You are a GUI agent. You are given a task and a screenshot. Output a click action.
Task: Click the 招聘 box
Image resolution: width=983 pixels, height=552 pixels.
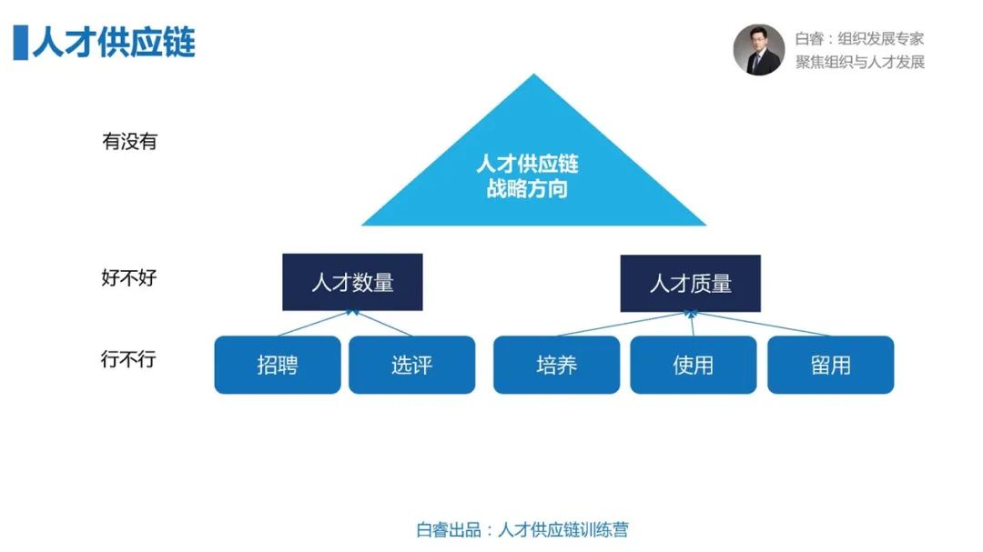(x=278, y=365)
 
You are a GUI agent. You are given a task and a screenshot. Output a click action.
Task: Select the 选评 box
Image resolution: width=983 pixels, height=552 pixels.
(x=412, y=365)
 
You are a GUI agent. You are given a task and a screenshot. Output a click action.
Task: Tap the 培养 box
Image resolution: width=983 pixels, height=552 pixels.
(x=557, y=365)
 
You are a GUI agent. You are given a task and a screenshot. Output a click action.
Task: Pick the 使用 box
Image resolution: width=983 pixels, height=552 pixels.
(x=694, y=365)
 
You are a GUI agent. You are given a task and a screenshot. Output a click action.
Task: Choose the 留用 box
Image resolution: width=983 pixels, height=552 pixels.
(x=831, y=365)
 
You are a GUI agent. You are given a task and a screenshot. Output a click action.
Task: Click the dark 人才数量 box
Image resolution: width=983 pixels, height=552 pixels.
(x=352, y=282)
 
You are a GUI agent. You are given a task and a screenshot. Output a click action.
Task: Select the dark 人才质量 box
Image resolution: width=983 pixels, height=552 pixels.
(x=690, y=283)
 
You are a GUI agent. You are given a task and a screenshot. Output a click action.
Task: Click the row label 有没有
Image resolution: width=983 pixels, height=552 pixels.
(x=129, y=142)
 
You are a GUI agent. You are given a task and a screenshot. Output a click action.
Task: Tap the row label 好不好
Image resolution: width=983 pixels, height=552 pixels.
(x=129, y=277)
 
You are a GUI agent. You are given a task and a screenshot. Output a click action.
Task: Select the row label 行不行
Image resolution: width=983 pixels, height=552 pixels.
(x=128, y=359)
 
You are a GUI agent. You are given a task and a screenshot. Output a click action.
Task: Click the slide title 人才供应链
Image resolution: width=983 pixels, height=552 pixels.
(x=114, y=43)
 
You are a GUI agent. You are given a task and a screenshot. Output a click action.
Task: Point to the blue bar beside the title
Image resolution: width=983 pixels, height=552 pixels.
(x=21, y=43)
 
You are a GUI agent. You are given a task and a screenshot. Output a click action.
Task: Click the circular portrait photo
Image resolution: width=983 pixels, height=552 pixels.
(x=759, y=50)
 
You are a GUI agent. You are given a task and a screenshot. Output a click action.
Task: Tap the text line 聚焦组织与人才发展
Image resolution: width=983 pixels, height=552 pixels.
(x=860, y=62)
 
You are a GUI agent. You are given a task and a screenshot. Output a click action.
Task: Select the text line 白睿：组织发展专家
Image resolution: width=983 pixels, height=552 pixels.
(x=859, y=39)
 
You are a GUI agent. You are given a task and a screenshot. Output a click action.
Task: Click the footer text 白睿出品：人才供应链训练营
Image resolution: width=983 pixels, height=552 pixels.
(x=522, y=530)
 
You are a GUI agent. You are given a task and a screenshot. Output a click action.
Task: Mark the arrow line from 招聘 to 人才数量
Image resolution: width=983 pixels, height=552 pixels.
(x=315, y=324)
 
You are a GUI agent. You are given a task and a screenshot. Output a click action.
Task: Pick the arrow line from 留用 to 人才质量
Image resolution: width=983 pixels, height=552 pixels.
(x=760, y=324)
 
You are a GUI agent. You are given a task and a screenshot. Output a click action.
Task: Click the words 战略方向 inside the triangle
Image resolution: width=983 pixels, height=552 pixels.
(x=527, y=188)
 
